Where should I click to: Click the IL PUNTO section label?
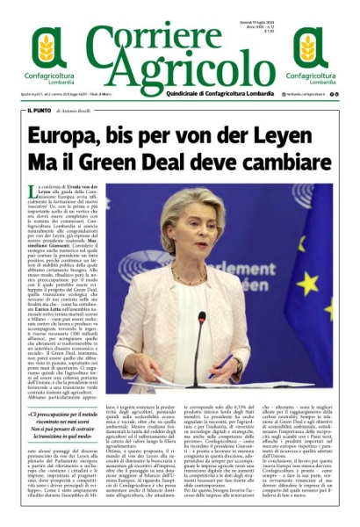(x=39, y=111)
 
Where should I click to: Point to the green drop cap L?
(x=32, y=191)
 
